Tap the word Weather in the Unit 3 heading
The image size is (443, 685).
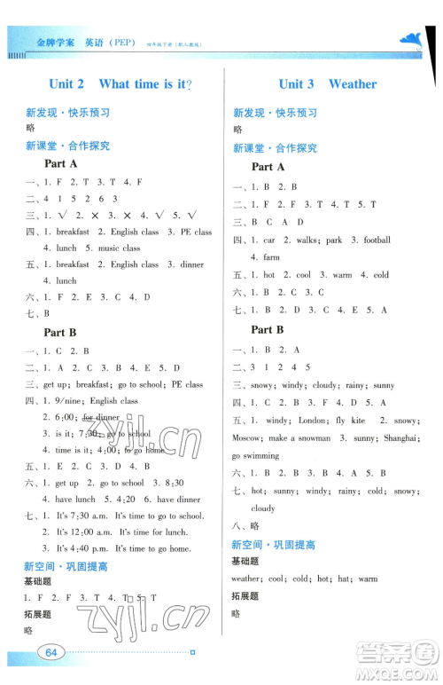[x=353, y=84]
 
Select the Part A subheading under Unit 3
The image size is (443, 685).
[x=268, y=167]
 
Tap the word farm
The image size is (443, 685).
[x=271, y=257]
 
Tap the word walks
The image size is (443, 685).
[x=304, y=240]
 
